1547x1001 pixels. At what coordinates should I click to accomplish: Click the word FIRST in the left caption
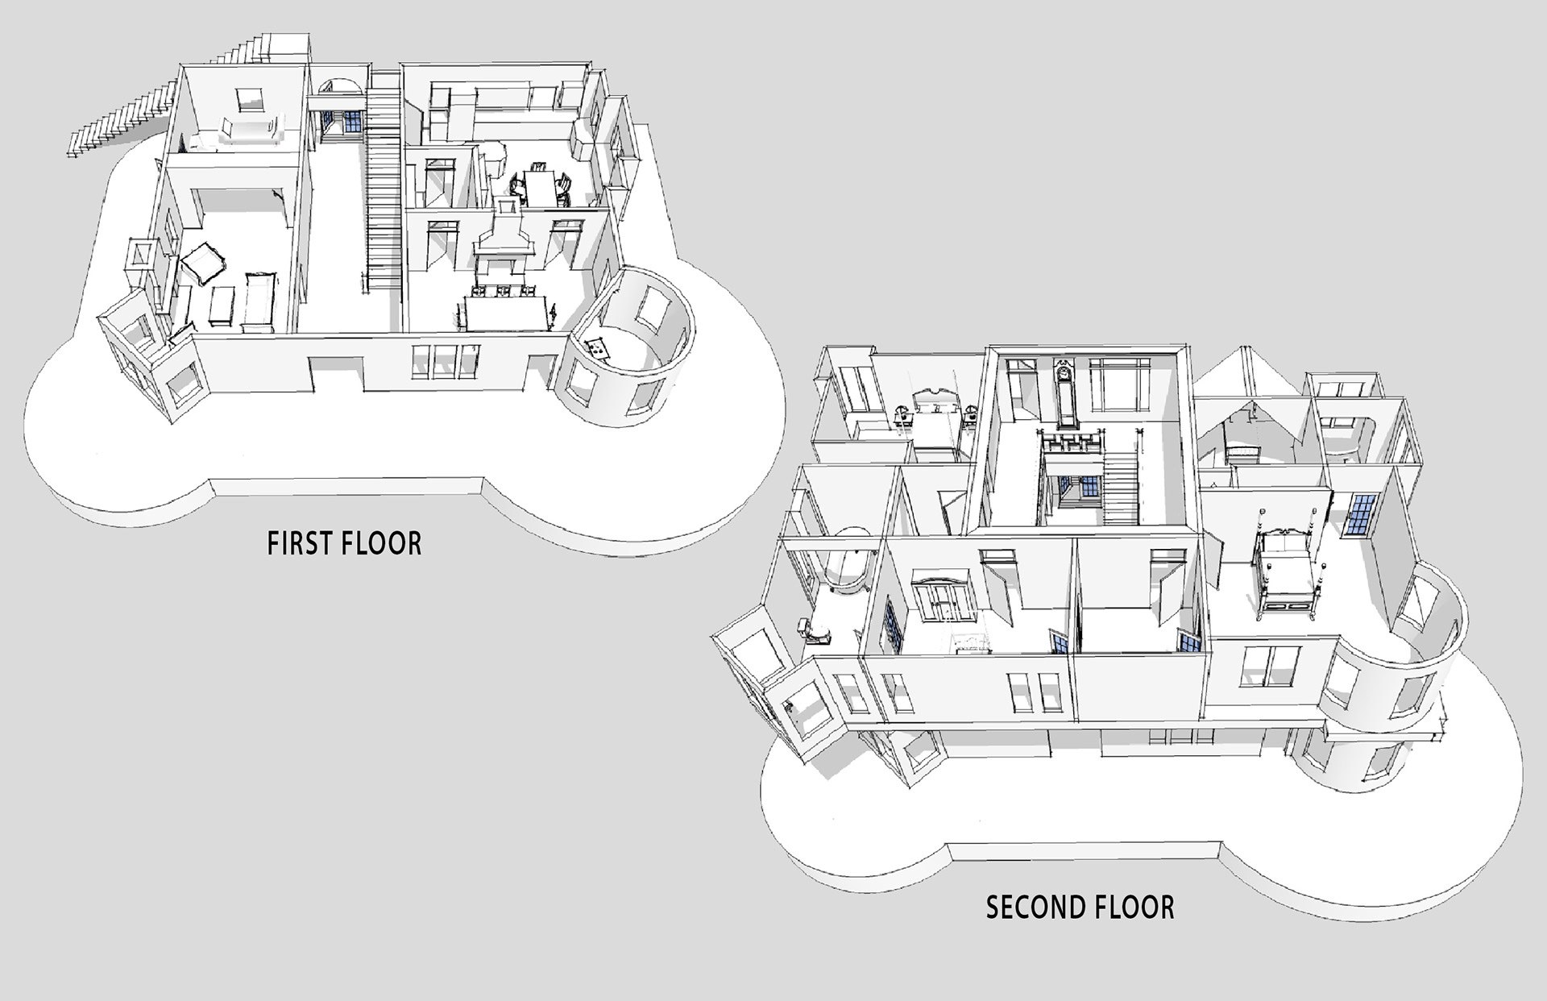tap(298, 543)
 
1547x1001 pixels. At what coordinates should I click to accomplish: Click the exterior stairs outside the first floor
tap(121, 121)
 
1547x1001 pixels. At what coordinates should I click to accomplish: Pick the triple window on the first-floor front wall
tap(446, 360)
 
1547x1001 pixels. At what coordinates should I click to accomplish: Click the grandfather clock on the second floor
tap(1065, 395)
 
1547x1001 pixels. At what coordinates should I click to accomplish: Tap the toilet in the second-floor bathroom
tap(815, 632)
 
